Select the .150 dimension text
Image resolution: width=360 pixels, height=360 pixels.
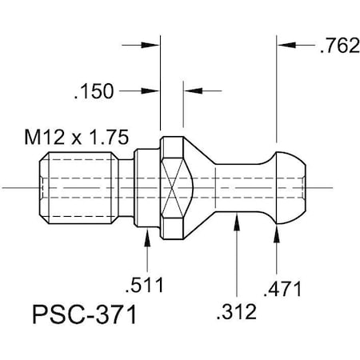point(94,92)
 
